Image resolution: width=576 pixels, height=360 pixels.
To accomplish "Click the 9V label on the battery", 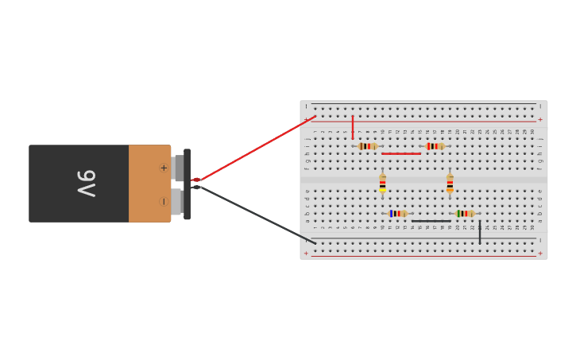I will tap(86, 184).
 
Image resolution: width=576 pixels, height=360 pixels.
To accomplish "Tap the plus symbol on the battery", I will tap(164, 168).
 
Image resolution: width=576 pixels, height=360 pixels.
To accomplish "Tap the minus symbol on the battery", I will tap(164, 201).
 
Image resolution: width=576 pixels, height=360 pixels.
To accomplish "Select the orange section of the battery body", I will tap(148, 184).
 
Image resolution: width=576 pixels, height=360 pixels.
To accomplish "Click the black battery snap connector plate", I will tap(187, 184).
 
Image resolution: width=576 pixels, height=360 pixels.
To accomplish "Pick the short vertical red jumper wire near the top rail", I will tap(353, 127).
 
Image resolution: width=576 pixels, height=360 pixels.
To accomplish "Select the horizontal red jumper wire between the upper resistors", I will tap(401, 153).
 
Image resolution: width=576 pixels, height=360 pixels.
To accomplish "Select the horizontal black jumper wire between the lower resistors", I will tap(431, 221).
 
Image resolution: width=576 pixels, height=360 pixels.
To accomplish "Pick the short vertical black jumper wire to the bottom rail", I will tap(480, 232).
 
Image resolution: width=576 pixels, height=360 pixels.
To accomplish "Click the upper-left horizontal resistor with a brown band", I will tap(367, 146).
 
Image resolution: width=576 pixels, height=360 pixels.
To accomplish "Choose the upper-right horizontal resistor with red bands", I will tap(435, 146).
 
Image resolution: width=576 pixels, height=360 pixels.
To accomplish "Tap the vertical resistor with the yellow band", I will tap(382, 184).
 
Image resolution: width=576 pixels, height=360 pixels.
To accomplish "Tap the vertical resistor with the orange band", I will tap(450, 184).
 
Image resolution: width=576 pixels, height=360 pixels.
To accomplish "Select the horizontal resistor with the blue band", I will tap(397, 213).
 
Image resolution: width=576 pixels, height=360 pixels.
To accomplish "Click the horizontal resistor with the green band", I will tap(465, 213).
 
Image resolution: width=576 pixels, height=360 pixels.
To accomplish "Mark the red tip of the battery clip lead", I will tap(196, 180).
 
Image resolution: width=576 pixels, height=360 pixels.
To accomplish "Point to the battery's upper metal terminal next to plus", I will tap(178, 168).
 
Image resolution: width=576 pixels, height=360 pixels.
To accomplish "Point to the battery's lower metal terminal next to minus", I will tap(176, 201).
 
